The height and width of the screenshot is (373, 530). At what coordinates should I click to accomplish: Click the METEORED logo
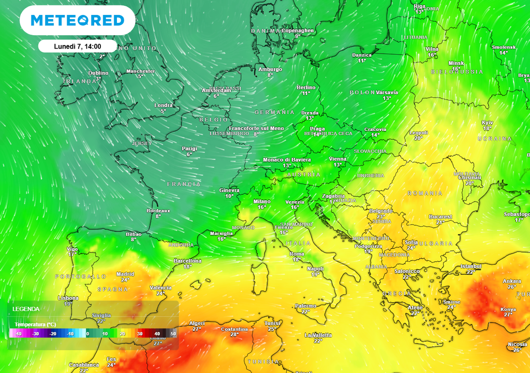[x=78, y=21]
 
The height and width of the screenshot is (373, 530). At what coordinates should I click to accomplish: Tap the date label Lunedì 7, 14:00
[x=78, y=46]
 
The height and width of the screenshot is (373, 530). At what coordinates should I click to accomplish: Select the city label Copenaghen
[x=297, y=31]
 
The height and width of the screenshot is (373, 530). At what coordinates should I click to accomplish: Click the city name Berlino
[x=306, y=87]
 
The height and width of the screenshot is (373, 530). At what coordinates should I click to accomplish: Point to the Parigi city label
[x=189, y=148]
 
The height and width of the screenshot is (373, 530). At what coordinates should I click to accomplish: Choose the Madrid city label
[x=125, y=274]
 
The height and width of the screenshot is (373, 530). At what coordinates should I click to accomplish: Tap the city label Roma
[x=297, y=254]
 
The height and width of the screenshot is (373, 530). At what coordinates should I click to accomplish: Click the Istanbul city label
[x=471, y=266]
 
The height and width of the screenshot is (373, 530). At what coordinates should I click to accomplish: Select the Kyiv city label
[x=488, y=123]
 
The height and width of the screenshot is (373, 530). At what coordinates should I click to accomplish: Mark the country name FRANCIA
[x=184, y=184]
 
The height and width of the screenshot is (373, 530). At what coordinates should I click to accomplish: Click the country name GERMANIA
[x=274, y=112]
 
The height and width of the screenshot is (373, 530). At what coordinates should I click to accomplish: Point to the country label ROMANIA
[x=425, y=193]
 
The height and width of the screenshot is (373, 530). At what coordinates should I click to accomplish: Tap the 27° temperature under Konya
[x=507, y=315]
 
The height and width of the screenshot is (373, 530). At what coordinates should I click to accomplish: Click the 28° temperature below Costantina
[x=234, y=335]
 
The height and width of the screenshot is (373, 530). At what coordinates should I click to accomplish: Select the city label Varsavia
[x=387, y=92]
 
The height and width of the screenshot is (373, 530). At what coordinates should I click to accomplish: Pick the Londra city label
[x=164, y=106]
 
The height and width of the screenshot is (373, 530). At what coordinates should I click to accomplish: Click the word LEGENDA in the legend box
[x=26, y=309]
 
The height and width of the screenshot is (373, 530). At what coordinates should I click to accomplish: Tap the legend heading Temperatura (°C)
[x=35, y=324]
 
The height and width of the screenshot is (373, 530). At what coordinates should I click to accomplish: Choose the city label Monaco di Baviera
[x=287, y=160]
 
